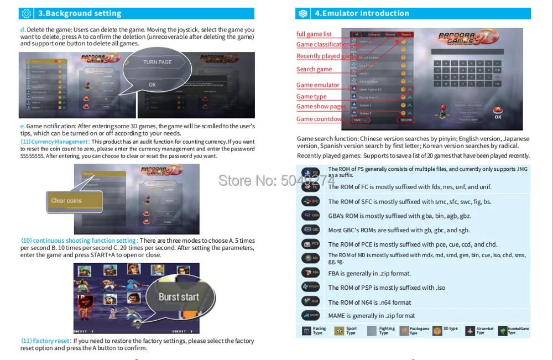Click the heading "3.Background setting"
[x=80, y=13]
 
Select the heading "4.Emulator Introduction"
[x=362, y=13]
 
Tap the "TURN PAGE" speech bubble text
[x=157, y=62]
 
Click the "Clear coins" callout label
[x=66, y=201]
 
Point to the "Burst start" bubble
[x=179, y=297]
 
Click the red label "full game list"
[x=314, y=34]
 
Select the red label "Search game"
[x=314, y=69]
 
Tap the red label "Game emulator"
[x=318, y=85]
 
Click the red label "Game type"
[x=311, y=97]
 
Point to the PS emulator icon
[x=311, y=173]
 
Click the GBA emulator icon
[x=311, y=216]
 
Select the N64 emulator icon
[x=311, y=301]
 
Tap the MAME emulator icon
[x=311, y=316]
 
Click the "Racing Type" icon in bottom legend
[x=306, y=331]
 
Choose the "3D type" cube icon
[x=437, y=331]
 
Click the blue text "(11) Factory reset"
[x=46, y=341]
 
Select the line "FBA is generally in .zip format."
[x=369, y=273]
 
